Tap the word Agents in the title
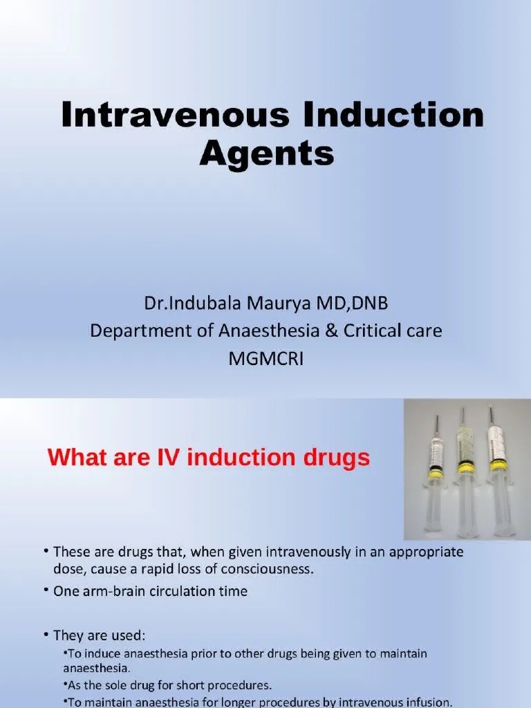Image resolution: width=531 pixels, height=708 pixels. (x=267, y=153)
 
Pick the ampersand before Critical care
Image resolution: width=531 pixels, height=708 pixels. (x=330, y=331)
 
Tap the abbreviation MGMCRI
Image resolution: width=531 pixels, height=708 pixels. (x=266, y=360)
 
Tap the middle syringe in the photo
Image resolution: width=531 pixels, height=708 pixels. (x=465, y=477)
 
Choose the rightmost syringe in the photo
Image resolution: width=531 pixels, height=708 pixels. (x=497, y=477)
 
